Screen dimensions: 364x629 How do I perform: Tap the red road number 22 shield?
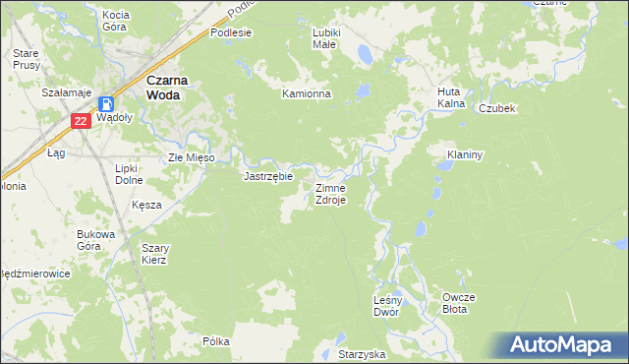tap(82, 121)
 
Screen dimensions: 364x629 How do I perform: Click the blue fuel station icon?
tap(106, 102)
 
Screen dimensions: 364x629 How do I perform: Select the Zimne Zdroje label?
tap(329, 193)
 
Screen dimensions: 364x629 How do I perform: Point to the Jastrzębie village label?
tap(268, 177)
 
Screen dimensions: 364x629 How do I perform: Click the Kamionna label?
tap(308, 94)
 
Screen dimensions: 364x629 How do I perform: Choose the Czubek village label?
tap(498, 108)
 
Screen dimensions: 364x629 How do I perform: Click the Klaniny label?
tap(464, 154)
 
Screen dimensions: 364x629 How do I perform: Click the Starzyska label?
tap(362, 353)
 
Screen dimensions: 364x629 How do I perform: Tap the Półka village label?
tap(215, 341)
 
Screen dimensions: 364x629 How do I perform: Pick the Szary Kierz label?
tap(154, 254)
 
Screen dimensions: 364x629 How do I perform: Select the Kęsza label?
tap(146, 205)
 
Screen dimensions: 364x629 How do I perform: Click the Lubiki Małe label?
tap(325, 37)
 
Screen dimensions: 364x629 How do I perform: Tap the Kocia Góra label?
tap(116, 21)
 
